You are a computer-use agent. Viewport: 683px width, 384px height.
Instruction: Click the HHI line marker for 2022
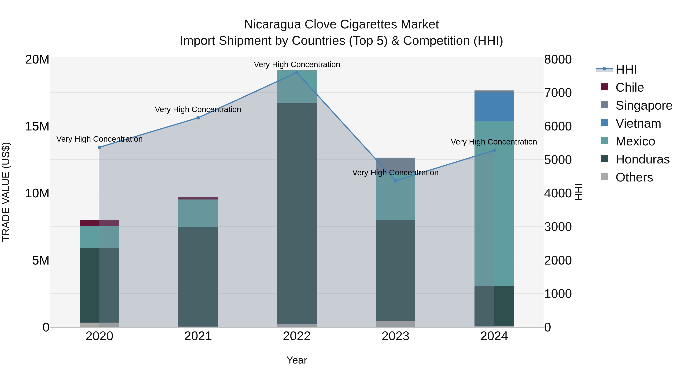click(x=297, y=73)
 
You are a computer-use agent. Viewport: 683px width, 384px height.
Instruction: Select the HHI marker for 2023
click(x=395, y=181)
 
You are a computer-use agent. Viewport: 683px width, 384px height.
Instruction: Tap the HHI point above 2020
click(x=99, y=147)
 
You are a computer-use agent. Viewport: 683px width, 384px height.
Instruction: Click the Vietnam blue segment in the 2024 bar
click(x=494, y=107)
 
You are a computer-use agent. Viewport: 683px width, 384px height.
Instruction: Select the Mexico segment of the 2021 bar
click(x=198, y=213)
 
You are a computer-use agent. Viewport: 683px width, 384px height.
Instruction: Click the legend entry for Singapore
click(x=644, y=105)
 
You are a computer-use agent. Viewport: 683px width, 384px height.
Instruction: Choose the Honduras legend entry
click(x=642, y=159)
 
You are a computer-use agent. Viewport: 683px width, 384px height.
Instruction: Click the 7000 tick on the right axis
click(x=558, y=93)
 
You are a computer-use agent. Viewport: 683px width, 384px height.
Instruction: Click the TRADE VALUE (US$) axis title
click(x=6, y=192)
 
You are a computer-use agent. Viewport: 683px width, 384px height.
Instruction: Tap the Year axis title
click(x=297, y=360)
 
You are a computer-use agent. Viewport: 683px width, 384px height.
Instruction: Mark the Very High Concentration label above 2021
click(x=198, y=109)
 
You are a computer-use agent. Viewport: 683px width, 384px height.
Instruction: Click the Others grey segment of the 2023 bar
click(x=395, y=324)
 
